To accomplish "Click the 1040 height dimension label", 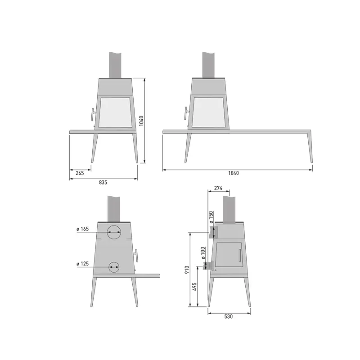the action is coord(141,121).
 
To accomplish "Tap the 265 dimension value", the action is coord(80,173).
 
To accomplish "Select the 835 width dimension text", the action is coord(103,182).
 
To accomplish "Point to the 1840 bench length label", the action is coord(234,173).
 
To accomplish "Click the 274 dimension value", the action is coord(218,188).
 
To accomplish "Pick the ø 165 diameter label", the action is coord(83,229).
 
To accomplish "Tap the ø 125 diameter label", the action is coord(83,264).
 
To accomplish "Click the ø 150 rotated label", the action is coord(211,217).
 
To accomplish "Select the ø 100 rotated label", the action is coord(202,253).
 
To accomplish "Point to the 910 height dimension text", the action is coord(187,270).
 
